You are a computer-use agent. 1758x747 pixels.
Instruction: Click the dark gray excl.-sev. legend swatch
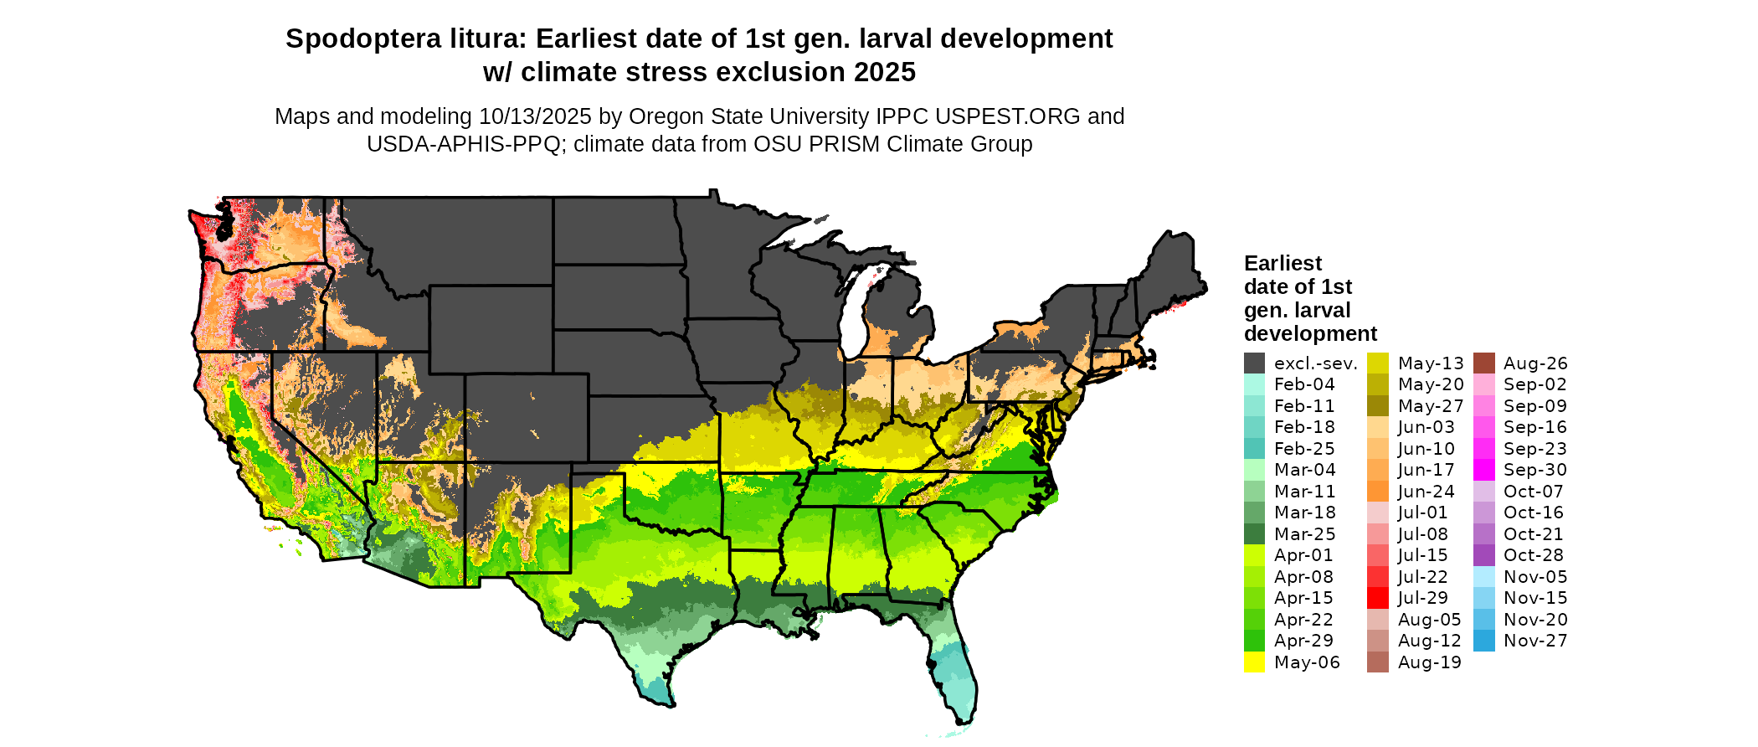coord(1254,363)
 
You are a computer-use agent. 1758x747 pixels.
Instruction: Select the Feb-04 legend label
coord(1304,384)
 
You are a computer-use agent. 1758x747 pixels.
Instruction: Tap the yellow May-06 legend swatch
coord(1254,662)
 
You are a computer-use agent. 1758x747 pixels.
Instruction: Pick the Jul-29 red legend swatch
coord(1378,598)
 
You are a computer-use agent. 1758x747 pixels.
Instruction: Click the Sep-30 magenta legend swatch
coord(1483,470)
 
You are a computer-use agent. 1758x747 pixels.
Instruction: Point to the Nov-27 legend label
coord(1535,641)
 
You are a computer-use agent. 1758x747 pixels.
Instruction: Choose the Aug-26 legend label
coord(1535,363)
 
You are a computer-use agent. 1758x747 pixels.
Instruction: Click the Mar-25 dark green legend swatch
coord(1254,534)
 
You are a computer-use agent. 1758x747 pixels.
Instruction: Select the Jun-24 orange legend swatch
coord(1378,492)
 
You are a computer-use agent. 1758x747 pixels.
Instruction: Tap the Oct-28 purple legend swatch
coord(1483,555)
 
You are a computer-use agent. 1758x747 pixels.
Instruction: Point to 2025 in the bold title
coord(885,73)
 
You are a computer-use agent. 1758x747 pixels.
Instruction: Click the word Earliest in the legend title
coord(1283,264)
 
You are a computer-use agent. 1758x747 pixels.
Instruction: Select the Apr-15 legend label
coord(1303,598)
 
